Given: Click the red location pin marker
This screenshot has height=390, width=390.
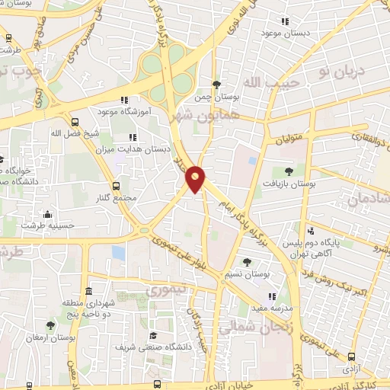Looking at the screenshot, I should tap(197, 179).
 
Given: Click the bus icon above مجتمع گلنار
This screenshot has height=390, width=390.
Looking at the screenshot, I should tap(116, 186).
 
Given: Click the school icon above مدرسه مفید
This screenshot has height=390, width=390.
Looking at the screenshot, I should tap(270, 296).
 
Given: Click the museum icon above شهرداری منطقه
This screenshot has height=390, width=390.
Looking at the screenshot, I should tap(89, 292).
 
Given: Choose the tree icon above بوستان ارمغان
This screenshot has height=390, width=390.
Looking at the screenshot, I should tap(50, 325).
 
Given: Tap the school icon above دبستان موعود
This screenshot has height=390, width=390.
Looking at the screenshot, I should tap(285, 21).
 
